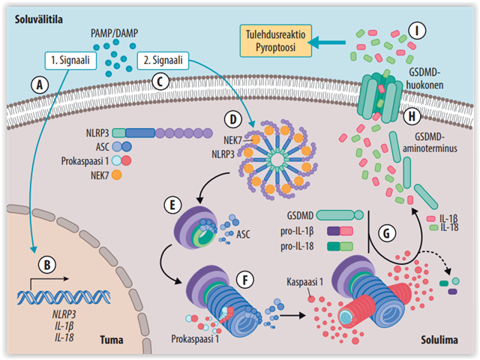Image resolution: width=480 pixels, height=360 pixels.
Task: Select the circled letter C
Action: point(159,82)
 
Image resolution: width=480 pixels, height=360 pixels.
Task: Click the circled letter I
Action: point(417,31)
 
